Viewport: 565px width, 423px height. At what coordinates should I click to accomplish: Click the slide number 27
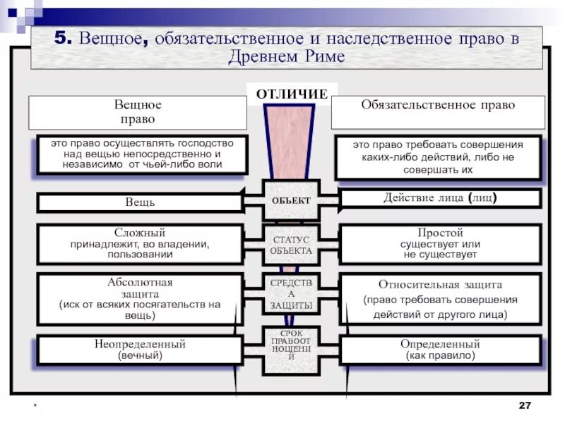[524, 405]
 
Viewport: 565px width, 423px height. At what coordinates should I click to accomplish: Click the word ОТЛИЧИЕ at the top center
[292, 94]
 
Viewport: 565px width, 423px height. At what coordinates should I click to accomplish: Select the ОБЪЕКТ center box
[291, 201]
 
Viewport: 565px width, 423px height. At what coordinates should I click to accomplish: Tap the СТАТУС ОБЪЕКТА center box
[291, 245]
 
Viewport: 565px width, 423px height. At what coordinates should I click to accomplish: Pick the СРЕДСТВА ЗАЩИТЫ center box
[291, 295]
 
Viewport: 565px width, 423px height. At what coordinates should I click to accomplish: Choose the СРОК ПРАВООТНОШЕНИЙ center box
[291, 345]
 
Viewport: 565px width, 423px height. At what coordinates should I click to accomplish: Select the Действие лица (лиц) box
[440, 198]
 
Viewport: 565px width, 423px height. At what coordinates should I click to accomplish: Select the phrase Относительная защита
[440, 285]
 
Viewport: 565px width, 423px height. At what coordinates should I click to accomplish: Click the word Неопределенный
[140, 344]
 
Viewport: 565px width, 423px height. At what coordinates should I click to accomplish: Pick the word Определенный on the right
[440, 344]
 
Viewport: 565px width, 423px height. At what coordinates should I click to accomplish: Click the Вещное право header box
[138, 111]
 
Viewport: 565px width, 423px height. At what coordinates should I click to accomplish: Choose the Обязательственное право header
[438, 105]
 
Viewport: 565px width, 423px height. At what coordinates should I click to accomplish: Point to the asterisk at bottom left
[32, 407]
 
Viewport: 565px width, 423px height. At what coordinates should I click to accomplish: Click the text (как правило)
[440, 356]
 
